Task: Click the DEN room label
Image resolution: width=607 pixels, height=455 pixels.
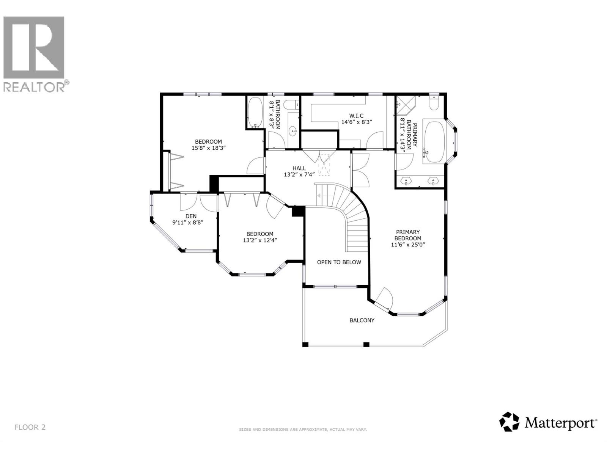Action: [191, 216]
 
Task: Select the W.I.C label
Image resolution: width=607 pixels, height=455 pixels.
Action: [357, 116]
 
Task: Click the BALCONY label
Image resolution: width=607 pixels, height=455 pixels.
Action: [362, 320]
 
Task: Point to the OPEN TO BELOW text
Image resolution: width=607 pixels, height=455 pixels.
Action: [339, 262]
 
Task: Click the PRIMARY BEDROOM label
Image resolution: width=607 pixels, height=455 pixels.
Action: [408, 235]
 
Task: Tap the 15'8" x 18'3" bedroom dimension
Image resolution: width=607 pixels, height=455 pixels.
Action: [208, 148]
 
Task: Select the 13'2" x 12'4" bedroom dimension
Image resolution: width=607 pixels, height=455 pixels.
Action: [259, 240]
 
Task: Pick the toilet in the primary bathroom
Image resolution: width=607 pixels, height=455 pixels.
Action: [434, 103]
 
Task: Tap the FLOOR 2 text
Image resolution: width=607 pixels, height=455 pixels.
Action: [30, 427]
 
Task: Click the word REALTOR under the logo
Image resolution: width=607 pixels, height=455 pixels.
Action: [34, 87]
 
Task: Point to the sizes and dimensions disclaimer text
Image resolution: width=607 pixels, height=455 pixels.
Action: [303, 430]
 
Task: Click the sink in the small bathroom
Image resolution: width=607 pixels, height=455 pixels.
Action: [293, 132]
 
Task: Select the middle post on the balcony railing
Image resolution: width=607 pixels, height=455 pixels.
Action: [366, 344]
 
